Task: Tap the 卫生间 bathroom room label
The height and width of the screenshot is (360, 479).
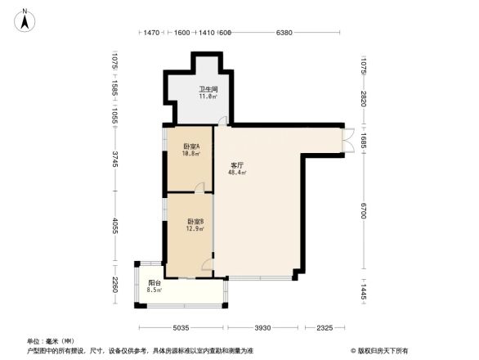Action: (x=207, y=88)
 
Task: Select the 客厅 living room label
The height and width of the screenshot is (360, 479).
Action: (x=237, y=164)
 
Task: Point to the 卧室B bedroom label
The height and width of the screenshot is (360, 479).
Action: (x=195, y=222)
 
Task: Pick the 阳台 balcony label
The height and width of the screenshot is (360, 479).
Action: (x=154, y=282)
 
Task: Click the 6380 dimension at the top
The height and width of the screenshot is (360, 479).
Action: (x=284, y=33)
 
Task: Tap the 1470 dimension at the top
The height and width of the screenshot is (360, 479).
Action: (x=151, y=33)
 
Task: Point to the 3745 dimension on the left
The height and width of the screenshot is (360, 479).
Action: (x=116, y=160)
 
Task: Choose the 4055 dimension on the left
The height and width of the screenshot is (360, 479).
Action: (x=116, y=227)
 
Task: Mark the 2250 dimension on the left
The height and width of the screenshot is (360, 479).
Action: (x=116, y=286)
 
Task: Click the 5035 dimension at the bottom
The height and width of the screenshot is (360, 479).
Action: (x=181, y=327)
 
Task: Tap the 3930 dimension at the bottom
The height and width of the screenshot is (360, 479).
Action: (x=261, y=327)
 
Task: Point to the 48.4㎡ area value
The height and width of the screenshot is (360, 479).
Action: (x=237, y=173)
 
